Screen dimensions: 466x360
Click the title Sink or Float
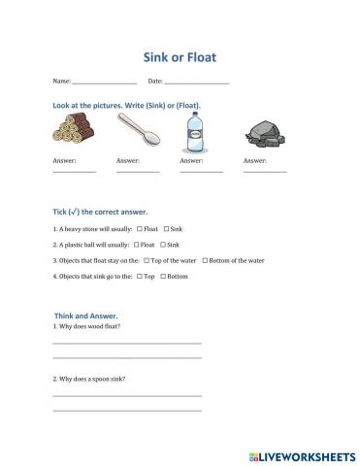[180, 56]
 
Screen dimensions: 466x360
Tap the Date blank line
[197, 83]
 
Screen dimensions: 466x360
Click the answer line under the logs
[74, 171]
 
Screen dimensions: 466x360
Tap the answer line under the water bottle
[201, 171]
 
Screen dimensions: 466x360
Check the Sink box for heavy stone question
[166, 229]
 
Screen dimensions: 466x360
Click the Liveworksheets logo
[303, 453]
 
